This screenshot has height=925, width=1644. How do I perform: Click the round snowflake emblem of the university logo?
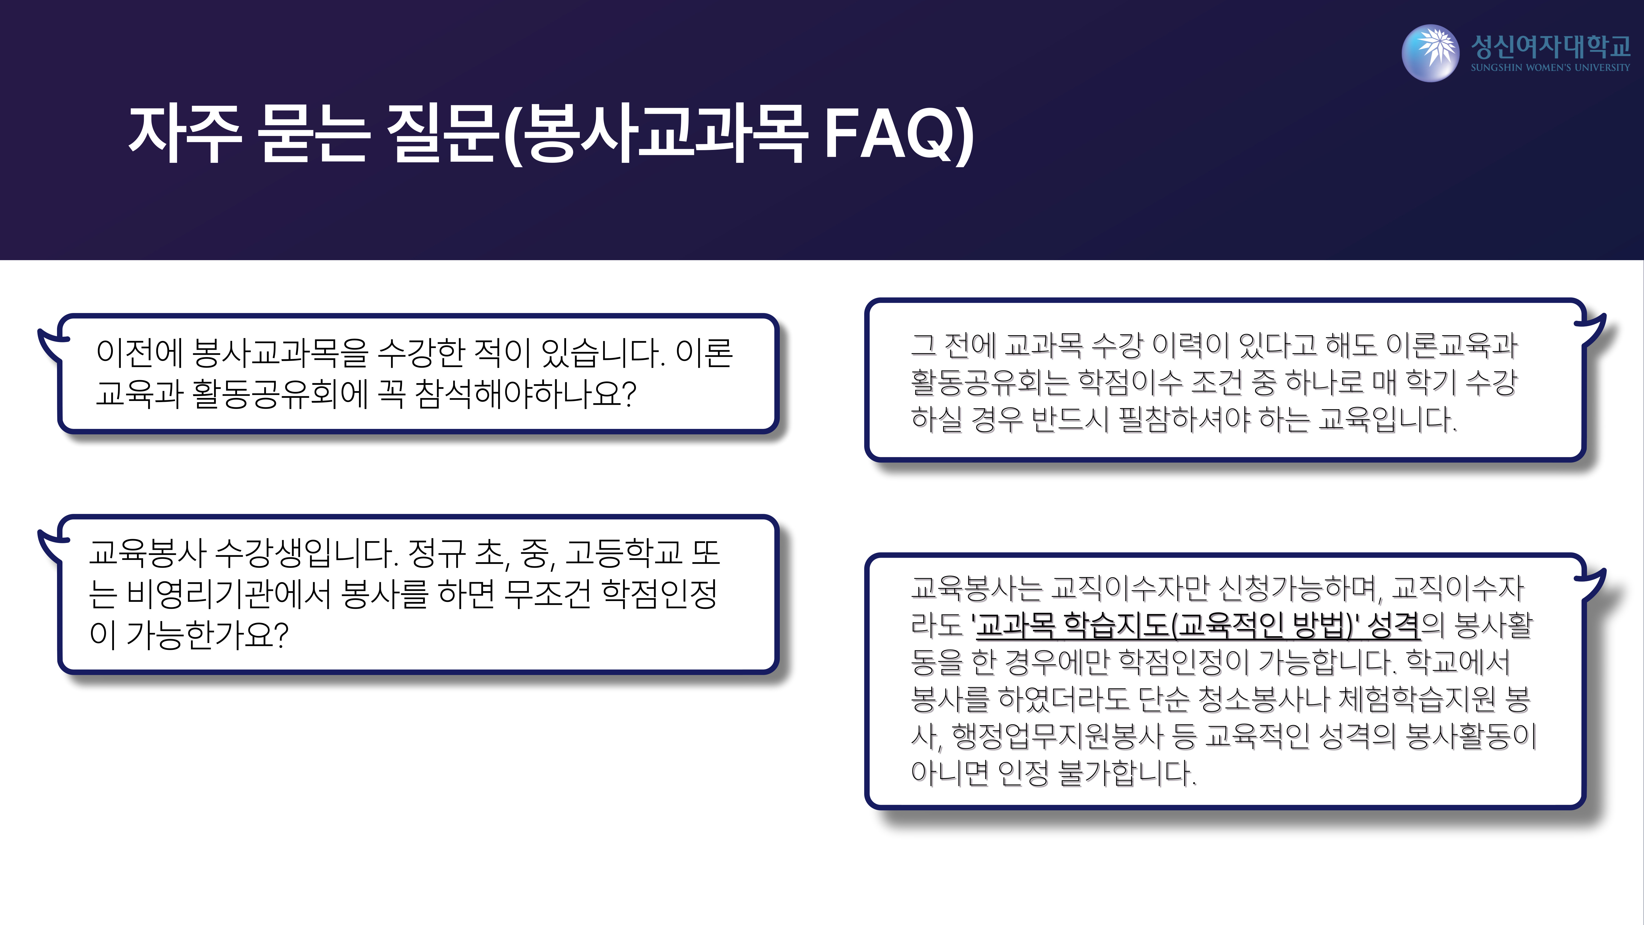pyautogui.click(x=1430, y=53)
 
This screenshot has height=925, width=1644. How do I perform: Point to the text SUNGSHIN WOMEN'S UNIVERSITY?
pyautogui.click(x=1550, y=67)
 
